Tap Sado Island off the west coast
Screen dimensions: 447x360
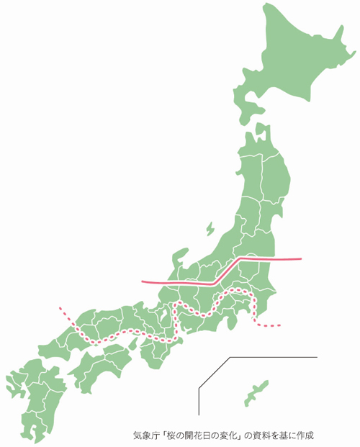tap(210, 229)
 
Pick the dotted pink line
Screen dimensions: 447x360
tap(130, 333)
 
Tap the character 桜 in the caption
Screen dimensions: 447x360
tap(171, 435)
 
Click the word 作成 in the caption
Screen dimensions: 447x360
tap(306, 435)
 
